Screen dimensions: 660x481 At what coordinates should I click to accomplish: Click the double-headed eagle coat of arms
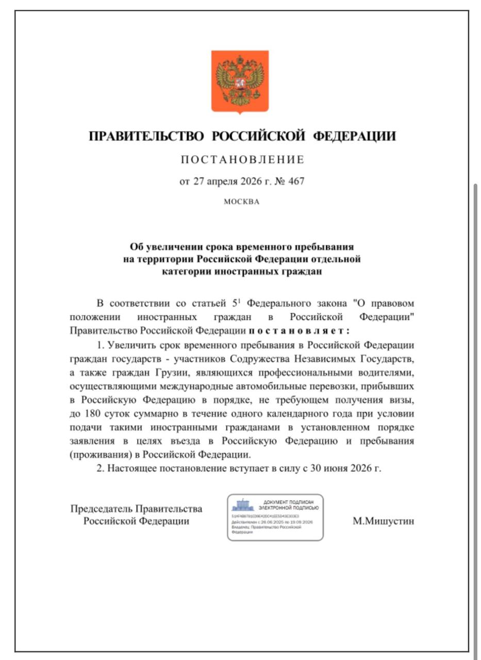click(240, 81)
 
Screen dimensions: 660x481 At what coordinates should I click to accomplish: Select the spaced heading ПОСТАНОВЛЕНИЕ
click(242, 160)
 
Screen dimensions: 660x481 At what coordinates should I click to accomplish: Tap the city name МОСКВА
click(242, 202)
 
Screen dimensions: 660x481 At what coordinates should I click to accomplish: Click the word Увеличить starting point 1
click(130, 344)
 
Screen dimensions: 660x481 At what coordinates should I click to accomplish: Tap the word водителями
click(382, 372)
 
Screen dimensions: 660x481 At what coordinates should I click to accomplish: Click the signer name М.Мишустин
click(383, 521)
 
